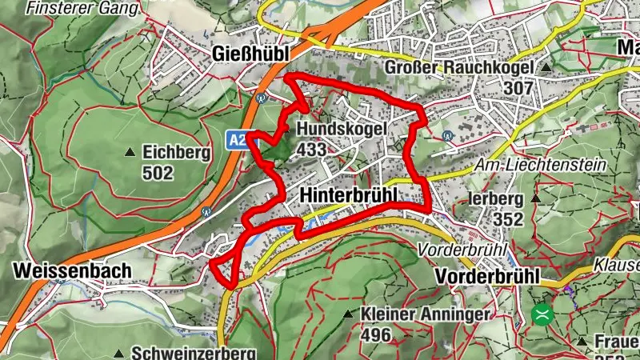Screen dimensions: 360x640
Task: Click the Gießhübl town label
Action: tap(253, 53)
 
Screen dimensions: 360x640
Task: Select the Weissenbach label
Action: tap(72, 271)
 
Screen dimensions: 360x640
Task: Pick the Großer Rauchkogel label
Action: tap(458, 67)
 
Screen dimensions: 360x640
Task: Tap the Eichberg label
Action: tap(176, 152)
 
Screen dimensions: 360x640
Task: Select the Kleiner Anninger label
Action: tap(425, 314)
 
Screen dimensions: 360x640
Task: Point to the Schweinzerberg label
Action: tap(193, 353)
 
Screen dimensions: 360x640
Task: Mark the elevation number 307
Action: tap(519, 87)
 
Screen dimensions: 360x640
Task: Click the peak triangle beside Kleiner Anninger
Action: tap(347, 314)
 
